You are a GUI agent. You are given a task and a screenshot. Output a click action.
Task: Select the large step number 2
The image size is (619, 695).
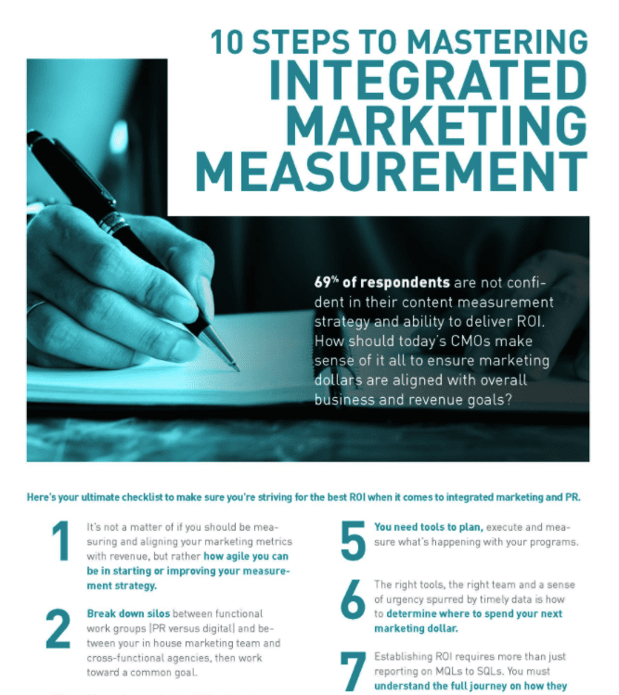tap(58, 629)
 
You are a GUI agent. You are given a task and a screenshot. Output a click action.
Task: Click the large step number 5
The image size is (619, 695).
tap(352, 541)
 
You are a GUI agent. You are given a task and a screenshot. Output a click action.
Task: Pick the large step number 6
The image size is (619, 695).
tap(352, 600)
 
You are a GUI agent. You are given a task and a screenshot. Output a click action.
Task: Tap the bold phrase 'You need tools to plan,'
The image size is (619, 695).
tap(428, 526)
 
